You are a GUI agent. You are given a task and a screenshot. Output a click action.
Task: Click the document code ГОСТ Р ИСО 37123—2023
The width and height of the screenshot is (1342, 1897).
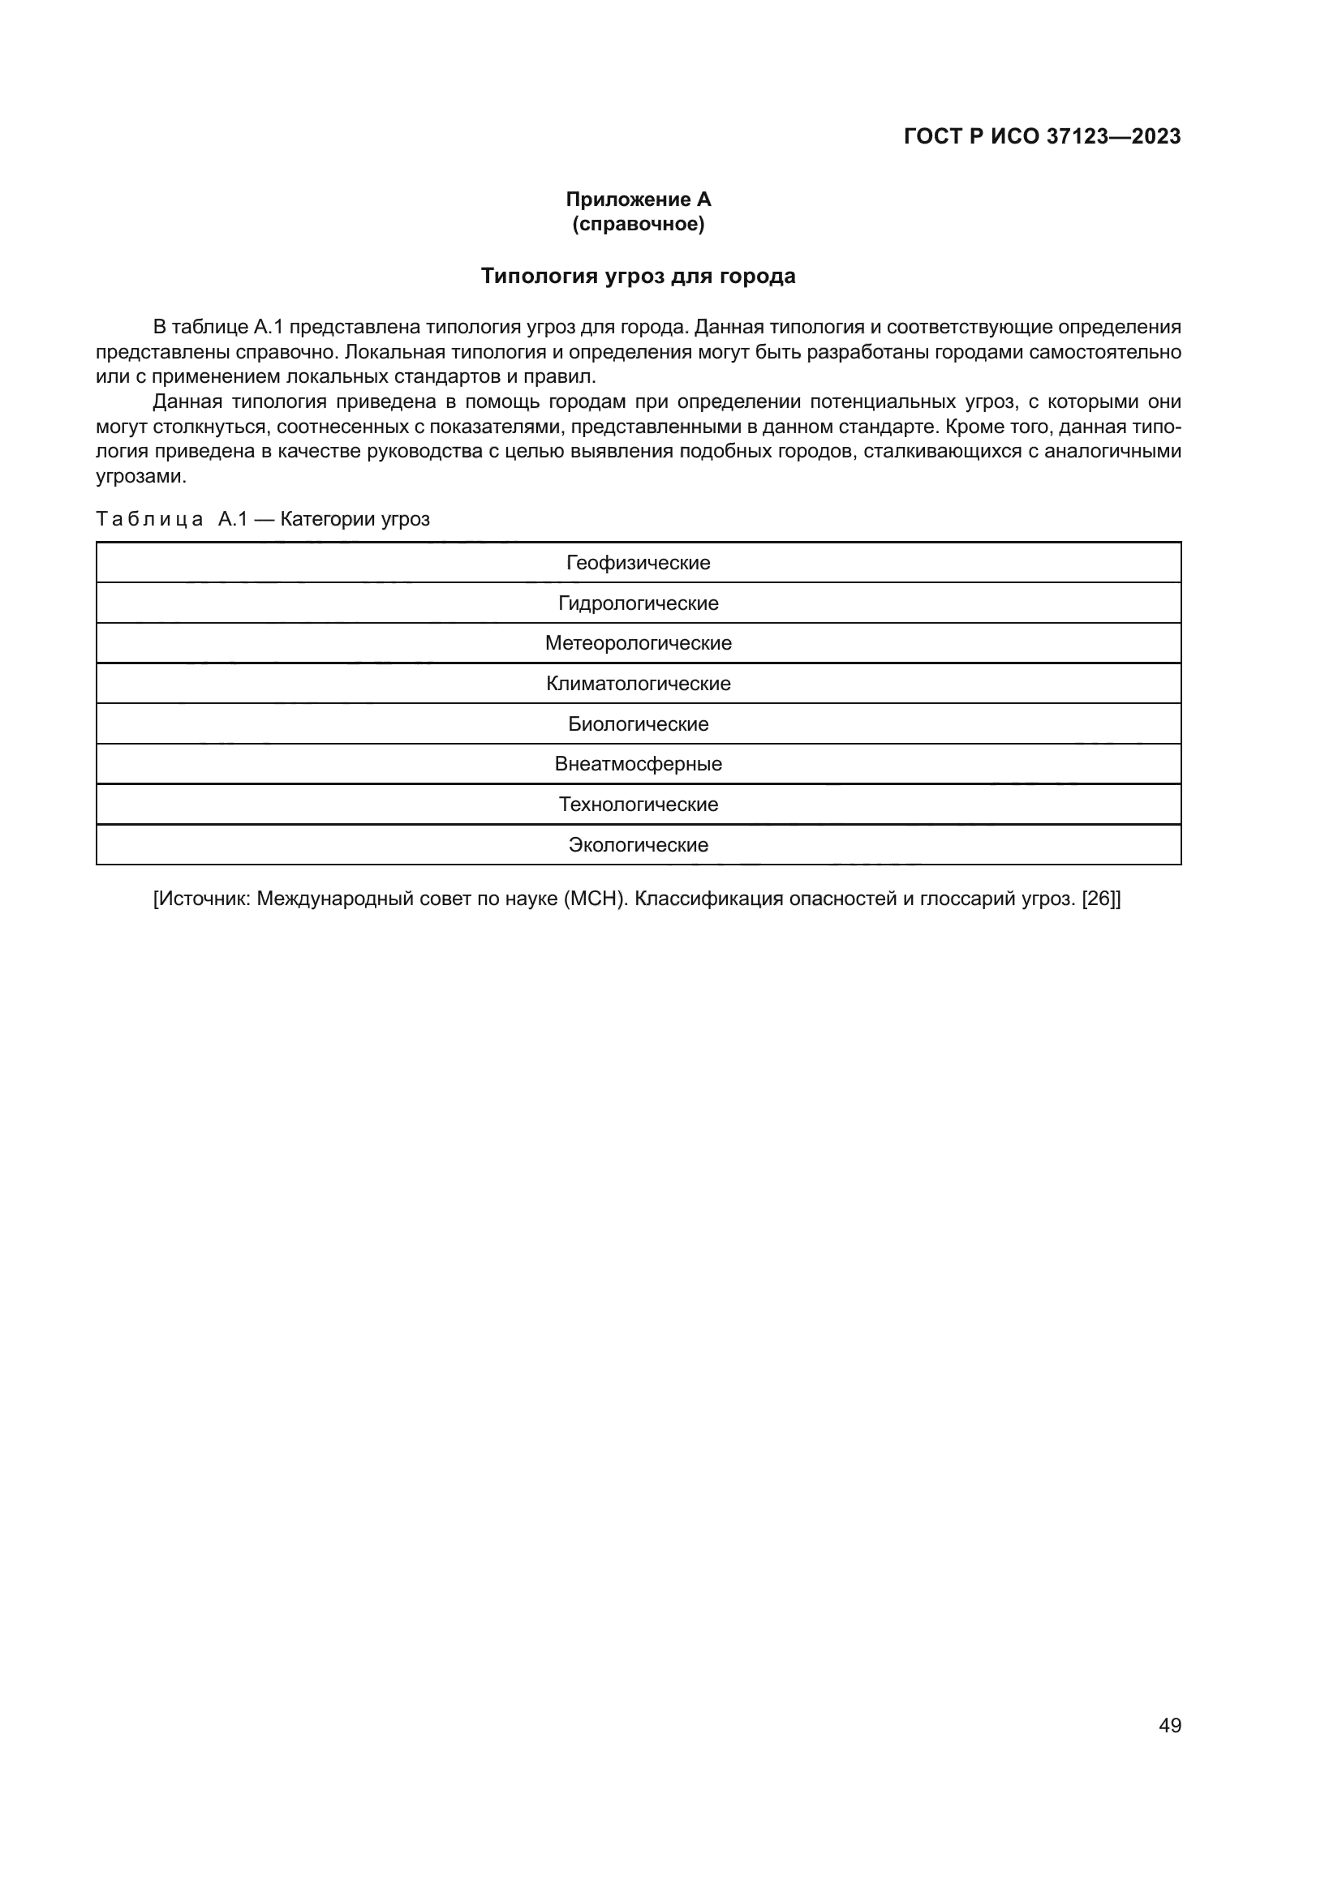[1042, 136]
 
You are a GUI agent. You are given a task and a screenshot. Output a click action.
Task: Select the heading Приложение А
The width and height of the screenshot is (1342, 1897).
[638, 200]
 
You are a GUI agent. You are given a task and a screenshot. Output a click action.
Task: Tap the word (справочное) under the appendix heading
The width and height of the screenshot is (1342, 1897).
[638, 224]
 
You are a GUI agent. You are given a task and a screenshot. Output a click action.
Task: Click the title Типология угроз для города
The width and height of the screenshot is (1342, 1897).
[638, 276]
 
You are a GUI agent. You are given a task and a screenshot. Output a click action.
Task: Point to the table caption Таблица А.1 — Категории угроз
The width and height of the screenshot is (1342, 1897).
[263, 519]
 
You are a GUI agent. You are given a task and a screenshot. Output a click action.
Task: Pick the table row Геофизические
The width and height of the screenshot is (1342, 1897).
[638, 563]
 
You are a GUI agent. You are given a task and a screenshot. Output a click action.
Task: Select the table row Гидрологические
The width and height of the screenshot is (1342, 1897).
[638, 603]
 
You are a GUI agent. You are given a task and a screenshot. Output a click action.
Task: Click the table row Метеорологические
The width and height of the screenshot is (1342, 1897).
[638, 643]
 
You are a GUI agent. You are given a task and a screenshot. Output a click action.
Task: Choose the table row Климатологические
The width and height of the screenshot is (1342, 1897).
[638, 683]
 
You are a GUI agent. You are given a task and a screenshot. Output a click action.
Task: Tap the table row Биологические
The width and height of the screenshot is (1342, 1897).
[638, 723]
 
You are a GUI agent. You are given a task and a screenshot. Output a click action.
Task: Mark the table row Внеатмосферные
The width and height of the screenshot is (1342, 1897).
[638, 763]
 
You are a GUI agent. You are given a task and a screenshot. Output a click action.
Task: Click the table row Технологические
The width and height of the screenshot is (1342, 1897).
[638, 804]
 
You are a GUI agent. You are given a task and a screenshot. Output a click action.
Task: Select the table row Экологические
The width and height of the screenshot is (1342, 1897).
[638, 844]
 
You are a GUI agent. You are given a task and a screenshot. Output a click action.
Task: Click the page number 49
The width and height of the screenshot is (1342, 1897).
[1170, 1725]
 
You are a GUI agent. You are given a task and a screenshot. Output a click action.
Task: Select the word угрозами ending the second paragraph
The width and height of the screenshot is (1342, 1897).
[141, 477]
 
